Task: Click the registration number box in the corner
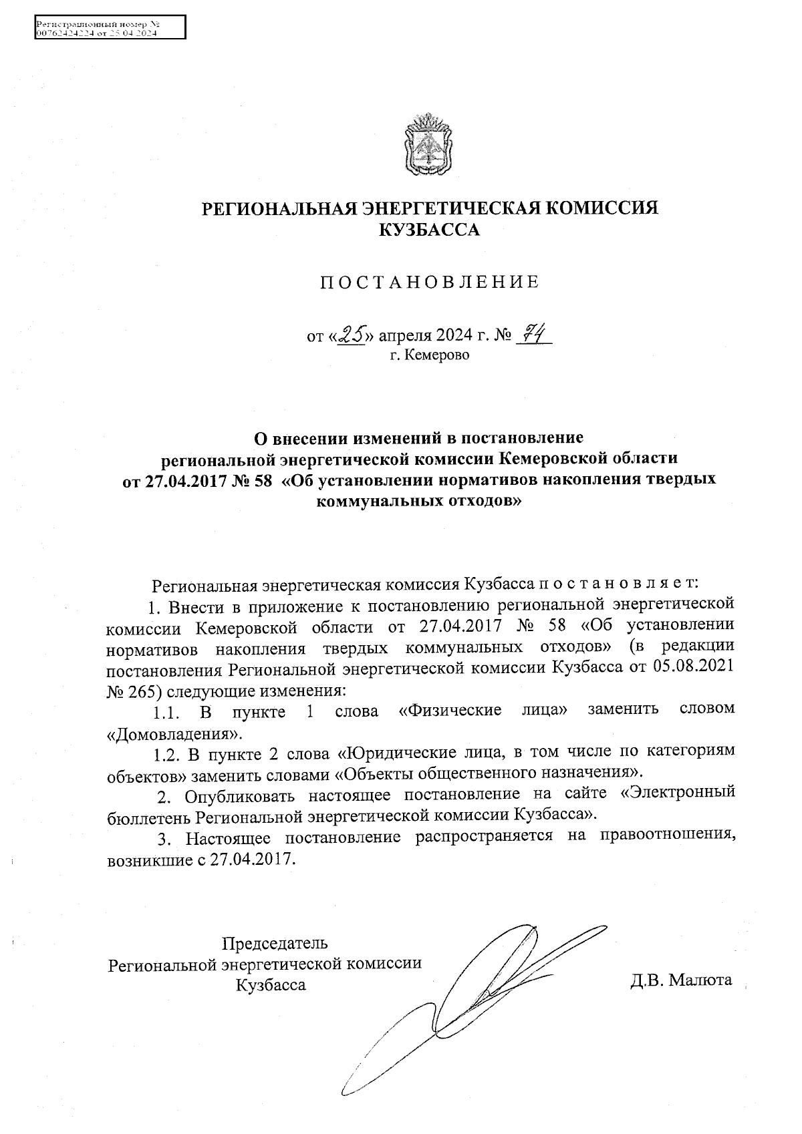[109, 28]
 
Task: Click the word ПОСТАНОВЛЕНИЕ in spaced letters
[429, 282]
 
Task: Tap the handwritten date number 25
[352, 333]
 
